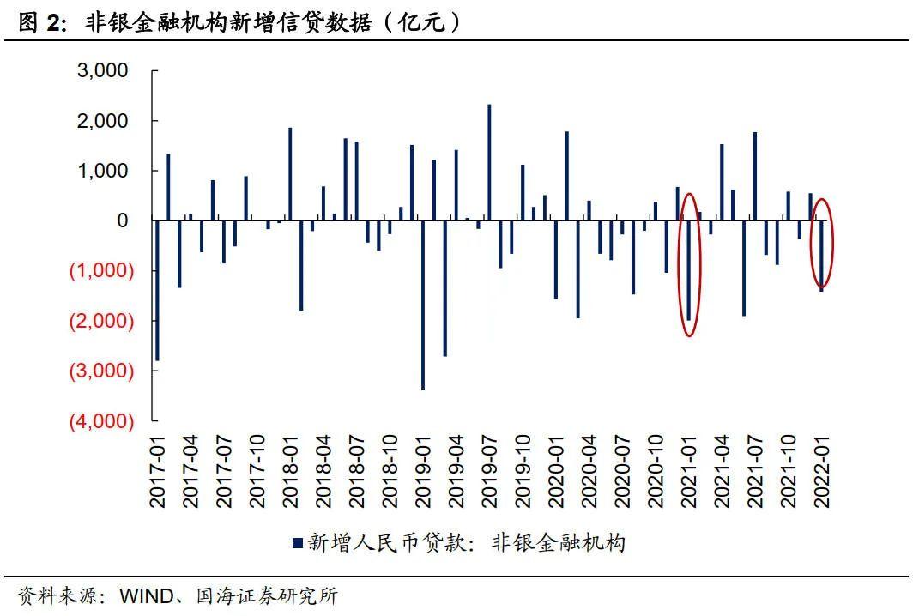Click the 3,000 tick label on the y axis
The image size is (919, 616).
pyautogui.click(x=103, y=70)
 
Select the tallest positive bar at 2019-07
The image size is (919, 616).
pyautogui.click(x=489, y=163)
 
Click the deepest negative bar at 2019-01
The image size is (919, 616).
pyautogui.click(x=423, y=305)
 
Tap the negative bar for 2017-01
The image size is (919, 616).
pyautogui.click(x=157, y=291)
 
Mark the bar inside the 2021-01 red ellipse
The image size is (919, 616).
pyautogui.click(x=688, y=270)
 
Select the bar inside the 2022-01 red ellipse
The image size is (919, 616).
pyautogui.click(x=821, y=256)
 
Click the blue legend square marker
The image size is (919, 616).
pyautogui.click(x=298, y=542)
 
